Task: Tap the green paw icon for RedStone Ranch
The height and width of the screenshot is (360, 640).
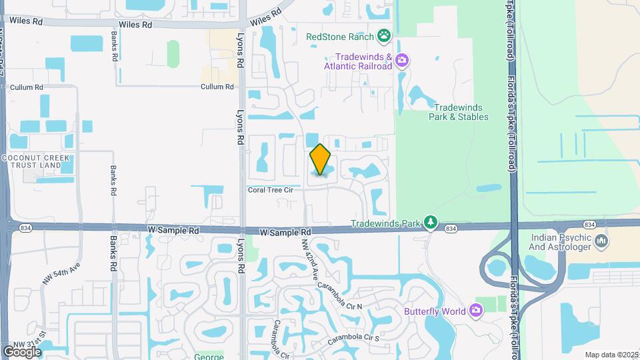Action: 383,35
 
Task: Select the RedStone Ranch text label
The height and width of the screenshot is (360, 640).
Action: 340,37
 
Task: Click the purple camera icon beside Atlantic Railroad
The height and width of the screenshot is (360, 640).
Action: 401,61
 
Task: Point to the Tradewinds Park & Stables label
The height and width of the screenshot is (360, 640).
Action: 461,112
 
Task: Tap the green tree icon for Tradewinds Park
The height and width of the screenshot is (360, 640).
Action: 431,222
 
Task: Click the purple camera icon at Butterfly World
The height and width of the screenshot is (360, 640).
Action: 475,310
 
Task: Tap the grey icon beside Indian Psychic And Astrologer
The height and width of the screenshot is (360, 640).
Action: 601,240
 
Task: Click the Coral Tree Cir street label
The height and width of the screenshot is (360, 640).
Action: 271,189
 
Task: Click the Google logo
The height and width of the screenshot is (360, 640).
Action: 22,351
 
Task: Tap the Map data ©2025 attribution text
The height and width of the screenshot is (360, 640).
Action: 611,355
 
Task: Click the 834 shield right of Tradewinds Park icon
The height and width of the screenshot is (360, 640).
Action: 451,229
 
